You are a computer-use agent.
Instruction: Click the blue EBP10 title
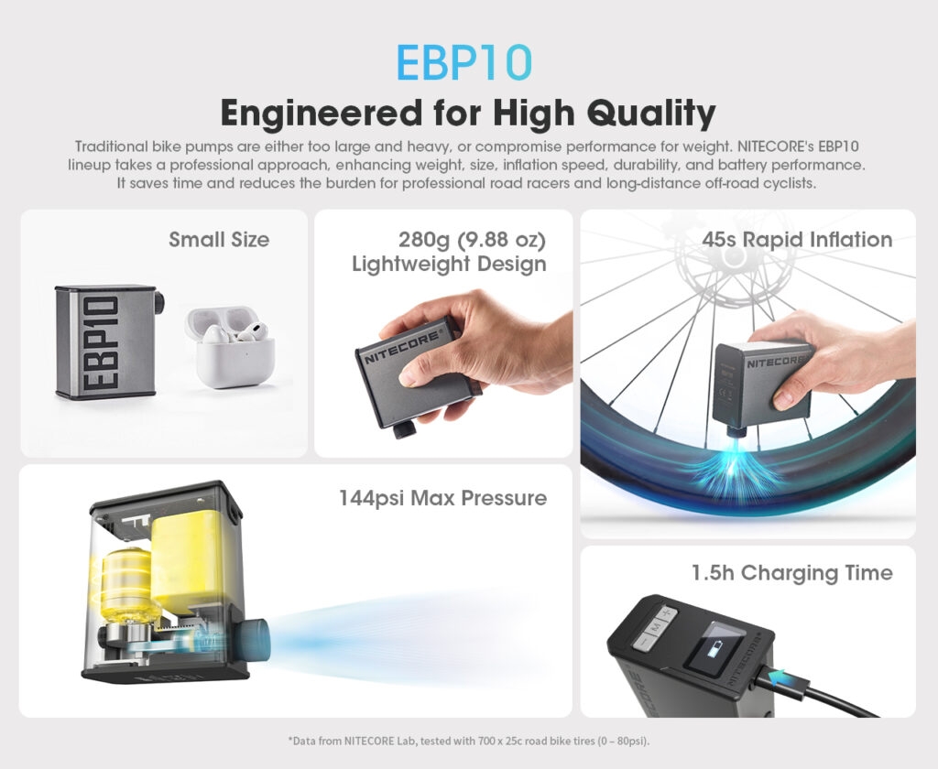point(464,62)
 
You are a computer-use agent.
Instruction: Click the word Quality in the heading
point(651,113)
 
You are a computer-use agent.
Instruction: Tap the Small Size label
point(219,239)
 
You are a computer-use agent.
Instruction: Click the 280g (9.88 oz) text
point(472,240)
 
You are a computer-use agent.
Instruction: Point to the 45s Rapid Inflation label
point(797,239)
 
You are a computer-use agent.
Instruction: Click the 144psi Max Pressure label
point(442,498)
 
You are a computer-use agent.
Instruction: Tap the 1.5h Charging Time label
point(792,573)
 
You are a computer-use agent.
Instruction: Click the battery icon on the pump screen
point(714,649)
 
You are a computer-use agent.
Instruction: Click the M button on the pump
point(656,627)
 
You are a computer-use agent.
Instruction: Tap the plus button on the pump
point(667,613)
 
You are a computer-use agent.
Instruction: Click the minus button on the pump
point(642,643)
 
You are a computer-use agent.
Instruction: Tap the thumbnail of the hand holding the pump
point(443,333)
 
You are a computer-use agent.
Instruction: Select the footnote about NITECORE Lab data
point(468,741)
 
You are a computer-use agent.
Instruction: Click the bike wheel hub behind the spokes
point(734,257)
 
